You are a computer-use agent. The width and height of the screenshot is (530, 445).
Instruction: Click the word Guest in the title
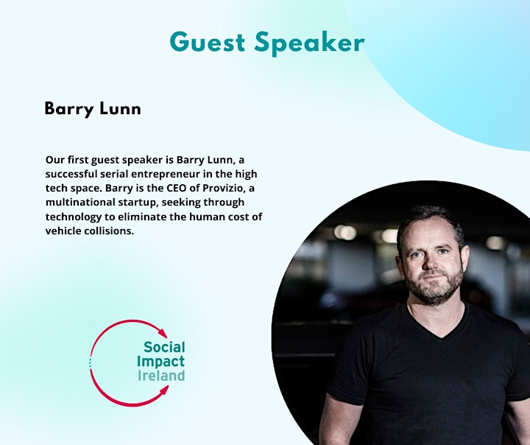click(207, 42)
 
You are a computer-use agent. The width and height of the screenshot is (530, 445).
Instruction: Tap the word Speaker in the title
click(310, 43)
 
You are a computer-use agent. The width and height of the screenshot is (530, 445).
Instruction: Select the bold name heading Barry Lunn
click(93, 109)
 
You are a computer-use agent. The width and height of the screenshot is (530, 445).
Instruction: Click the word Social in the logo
click(164, 347)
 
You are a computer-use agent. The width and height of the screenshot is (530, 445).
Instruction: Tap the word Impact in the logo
click(160, 362)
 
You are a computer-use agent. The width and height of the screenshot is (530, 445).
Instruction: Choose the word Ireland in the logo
click(161, 376)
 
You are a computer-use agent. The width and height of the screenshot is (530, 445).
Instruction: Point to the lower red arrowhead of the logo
click(164, 391)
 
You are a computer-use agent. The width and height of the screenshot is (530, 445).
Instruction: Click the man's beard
click(434, 287)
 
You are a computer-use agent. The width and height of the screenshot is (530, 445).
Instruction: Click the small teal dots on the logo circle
click(90, 362)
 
